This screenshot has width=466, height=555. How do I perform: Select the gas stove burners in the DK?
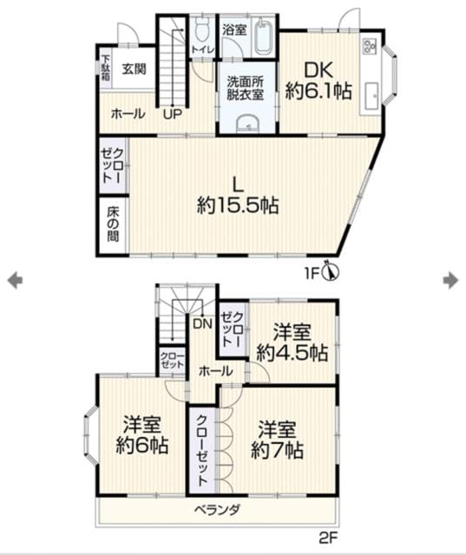(370, 46)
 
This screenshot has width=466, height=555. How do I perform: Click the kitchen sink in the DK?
(371, 95)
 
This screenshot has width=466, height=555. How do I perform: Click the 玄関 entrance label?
(135, 69)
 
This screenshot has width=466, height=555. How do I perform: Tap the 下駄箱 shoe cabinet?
(106, 68)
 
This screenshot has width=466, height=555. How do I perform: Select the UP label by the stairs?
(173, 114)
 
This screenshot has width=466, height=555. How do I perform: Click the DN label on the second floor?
(202, 323)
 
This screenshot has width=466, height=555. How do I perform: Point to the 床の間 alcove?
(113, 225)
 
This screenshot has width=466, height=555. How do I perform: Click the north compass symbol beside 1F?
(332, 271)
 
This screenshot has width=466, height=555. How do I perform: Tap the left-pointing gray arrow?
(15, 280)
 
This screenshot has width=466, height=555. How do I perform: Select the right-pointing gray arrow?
(450, 280)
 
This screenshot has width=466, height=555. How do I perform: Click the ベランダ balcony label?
(218, 510)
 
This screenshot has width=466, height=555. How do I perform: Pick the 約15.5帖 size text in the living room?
(238, 206)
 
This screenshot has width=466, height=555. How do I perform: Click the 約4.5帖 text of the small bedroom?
(292, 353)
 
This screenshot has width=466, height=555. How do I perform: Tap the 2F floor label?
(328, 539)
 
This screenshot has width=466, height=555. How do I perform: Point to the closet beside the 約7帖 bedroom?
(202, 450)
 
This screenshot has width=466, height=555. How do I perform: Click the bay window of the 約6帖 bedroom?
(89, 435)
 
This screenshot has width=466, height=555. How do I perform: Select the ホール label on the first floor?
(128, 114)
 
